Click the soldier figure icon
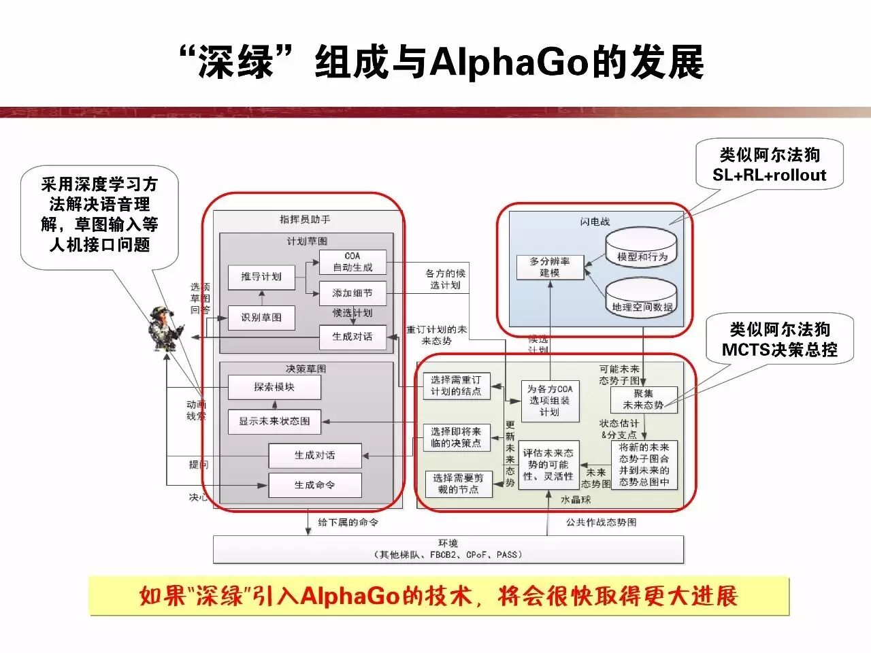pyautogui.click(x=167, y=330)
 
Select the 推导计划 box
pyautogui.click(x=261, y=277)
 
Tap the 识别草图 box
pyautogui.click(x=261, y=318)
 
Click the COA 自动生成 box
pyautogui.click(x=352, y=262)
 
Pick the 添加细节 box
pyautogui.click(x=352, y=293)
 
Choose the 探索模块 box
pyautogui.click(x=274, y=387)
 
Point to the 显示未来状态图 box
pyautogui.click(x=274, y=421)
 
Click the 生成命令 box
pyautogui.click(x=314, y=485)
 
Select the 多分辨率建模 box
pyautogui.click(x=550, y=267)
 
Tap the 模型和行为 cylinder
pyautogui.click(x=641, y=249)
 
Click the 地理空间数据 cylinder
pyautogui.click(x=641, y=299)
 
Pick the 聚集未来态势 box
pyautogui.click(x=644, y=399)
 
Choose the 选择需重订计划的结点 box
pyautogui.click(x=456, y=386)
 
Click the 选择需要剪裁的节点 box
pyautogui.click(x=459, y=484)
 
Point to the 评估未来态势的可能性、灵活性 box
pyautogui.click(x=548, y=465)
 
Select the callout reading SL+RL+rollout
pyautogui.click(x=769, y=165)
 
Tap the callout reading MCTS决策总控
pyautogui.click(x=780, y=340)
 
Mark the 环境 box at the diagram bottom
pyautogui.click(x=448, y=549)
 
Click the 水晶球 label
pyautogui.click(x=576, y=500)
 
